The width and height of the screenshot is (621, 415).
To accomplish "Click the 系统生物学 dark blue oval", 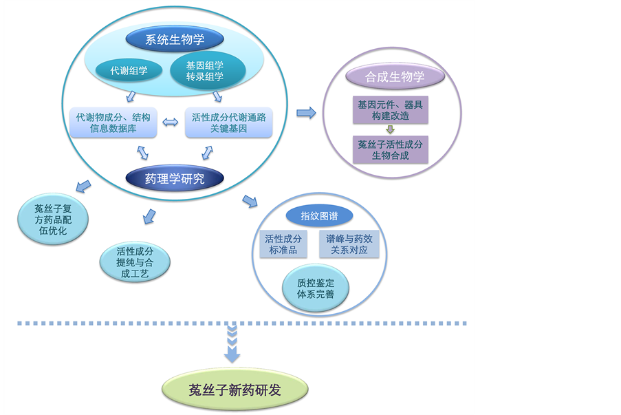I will tap(175, 39).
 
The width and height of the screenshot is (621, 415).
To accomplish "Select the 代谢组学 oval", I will tap(129, 70).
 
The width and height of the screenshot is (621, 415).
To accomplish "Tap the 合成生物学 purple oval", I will tap(395, 76).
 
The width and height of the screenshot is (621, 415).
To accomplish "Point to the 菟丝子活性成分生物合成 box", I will tap(390, 149).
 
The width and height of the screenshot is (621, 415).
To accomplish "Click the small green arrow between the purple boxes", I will tap(390, 129).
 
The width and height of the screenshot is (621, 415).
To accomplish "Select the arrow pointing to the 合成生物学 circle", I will tap(306, 113).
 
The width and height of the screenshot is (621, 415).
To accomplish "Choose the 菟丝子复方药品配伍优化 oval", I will tap(53, 220).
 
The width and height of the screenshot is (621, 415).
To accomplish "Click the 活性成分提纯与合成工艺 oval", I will tap(134, 262).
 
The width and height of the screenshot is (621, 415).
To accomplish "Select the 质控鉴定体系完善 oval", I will tap(316, 288).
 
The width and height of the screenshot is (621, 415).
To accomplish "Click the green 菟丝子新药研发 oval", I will tap(235, 390).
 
